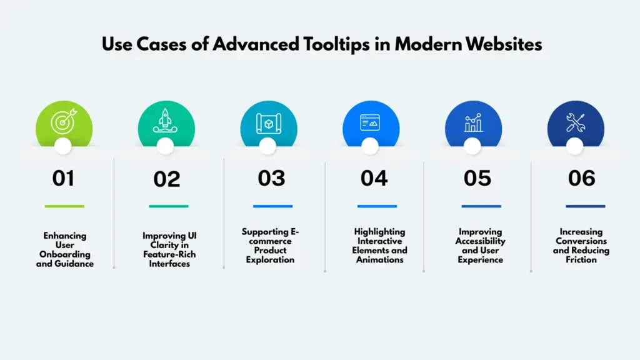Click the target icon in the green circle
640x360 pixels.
point(63,122)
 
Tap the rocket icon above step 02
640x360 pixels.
point(166,122)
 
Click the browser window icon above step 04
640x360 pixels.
point(370,123)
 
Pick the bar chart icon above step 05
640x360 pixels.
point(473,123)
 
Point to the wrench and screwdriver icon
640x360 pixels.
point(575,123)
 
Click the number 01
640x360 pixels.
point(63,179)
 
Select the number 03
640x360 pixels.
point(271,179)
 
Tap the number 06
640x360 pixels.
point(581,179)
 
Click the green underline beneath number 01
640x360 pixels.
point(64,206)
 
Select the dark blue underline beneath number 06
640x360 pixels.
point(585,206)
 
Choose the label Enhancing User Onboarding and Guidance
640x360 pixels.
point(65,249)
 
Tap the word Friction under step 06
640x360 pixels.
point(581,259)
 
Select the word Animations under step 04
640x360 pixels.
point(380,259)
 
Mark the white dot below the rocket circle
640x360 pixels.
point(165,146)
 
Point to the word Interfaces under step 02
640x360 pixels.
point(170,264)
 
